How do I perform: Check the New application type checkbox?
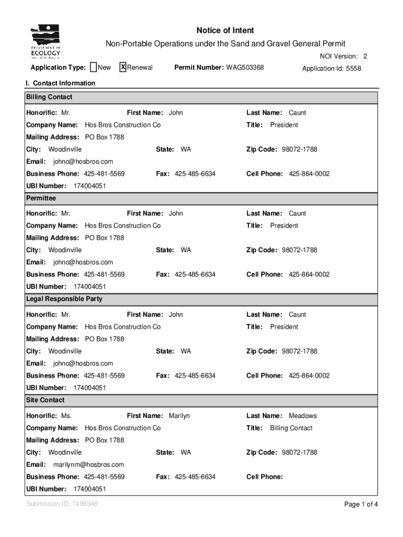(x=93, y=67)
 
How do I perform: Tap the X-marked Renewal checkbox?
(x=123, y=67)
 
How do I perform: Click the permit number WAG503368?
(x=245, y=68)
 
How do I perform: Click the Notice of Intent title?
(x=225, y=30)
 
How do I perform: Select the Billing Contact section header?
(x=49, y=97)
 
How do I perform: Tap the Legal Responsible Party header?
(x=64, y=299)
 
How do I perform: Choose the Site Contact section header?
(x=46, y=400)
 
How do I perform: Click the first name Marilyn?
(x=179, y=416)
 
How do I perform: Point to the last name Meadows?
(x=303, y=416)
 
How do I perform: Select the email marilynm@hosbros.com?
(x=88, y=465)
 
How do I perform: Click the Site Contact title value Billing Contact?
(x=291, y=428)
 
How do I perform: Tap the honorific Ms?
(x=66, y=416)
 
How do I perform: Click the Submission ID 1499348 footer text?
(x=62, y=504)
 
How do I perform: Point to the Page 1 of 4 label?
(x=361, y=504)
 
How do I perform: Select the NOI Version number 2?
(x=365, y=56)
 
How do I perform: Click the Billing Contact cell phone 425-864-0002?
(x=309, y=174)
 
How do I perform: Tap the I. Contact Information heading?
(x=61, y=83)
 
